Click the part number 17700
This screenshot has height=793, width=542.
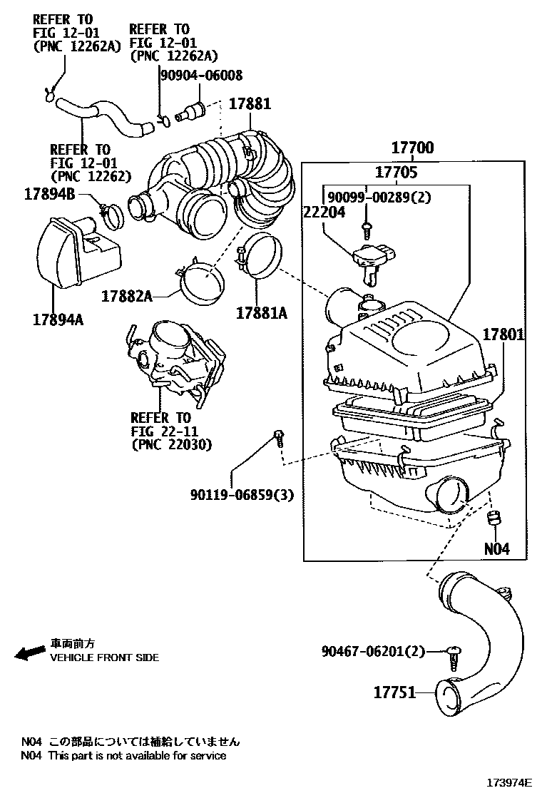click(412, 148)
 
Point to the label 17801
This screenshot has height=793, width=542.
click(505, 334)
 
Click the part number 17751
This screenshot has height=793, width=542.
click(394, 692)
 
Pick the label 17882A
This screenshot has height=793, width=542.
click(127, 295)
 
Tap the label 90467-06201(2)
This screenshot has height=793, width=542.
click(373, 650)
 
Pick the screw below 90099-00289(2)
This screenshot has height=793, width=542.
click(367, 227)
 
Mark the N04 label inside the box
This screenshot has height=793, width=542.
click(497, 549)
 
